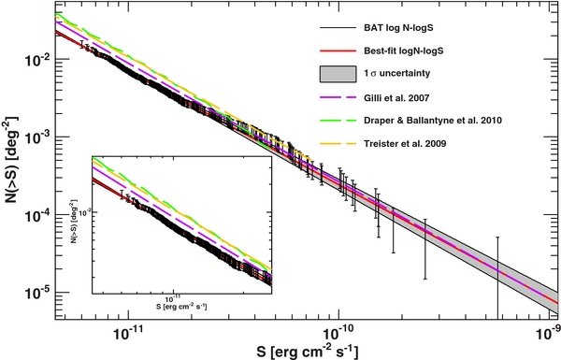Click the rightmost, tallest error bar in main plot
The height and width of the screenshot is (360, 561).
tap(497, 276)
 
